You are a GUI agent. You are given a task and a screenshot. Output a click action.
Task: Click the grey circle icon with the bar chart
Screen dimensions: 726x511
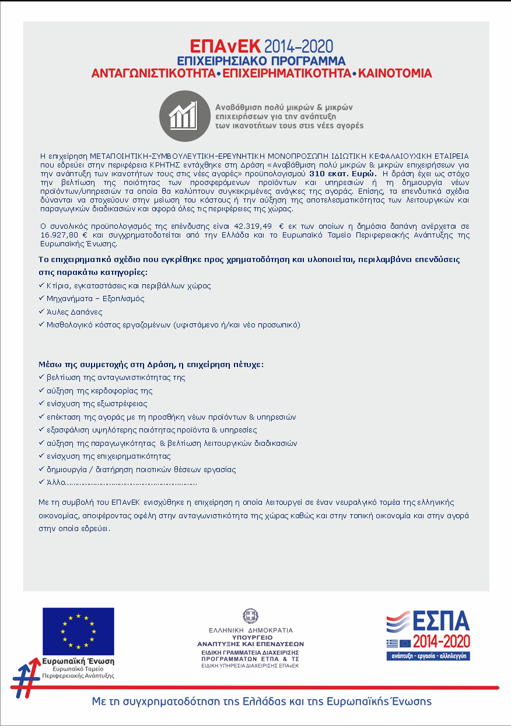pos(184,116)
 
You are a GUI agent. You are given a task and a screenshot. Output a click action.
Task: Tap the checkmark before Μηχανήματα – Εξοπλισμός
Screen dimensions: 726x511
pos(41,298)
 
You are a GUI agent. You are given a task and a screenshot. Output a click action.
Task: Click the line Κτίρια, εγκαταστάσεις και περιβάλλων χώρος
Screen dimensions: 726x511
pos(128,286)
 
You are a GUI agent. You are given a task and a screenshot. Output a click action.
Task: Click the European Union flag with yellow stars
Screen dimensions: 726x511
pos(78,630)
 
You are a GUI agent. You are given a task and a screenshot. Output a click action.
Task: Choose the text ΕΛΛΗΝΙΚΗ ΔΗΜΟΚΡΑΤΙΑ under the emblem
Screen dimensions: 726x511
pos(251,630)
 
